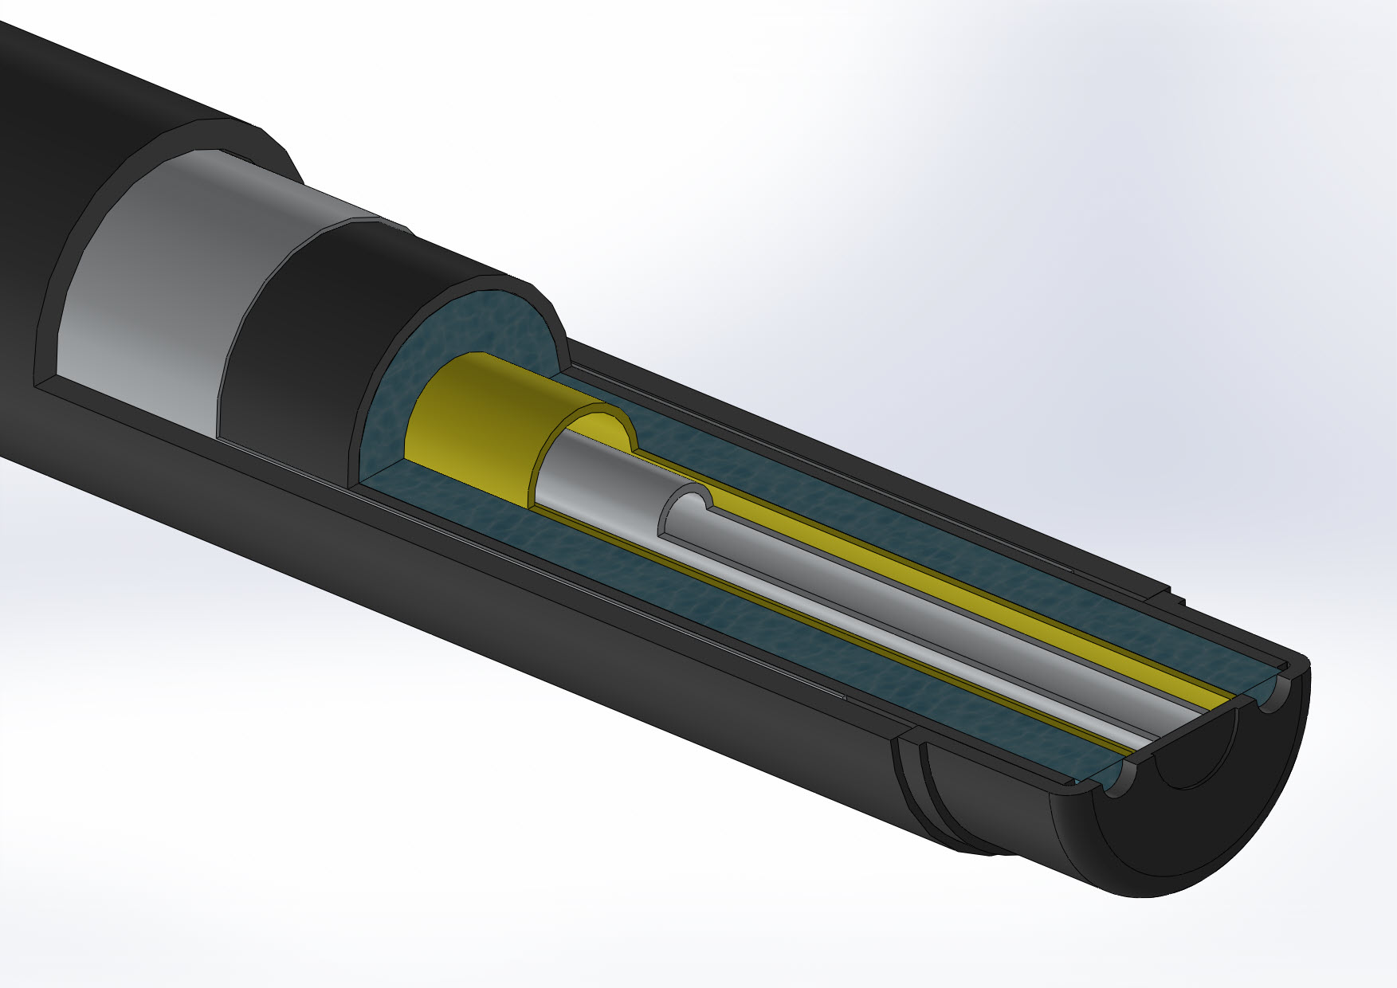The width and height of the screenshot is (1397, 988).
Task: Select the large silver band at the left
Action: coord(151,303)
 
